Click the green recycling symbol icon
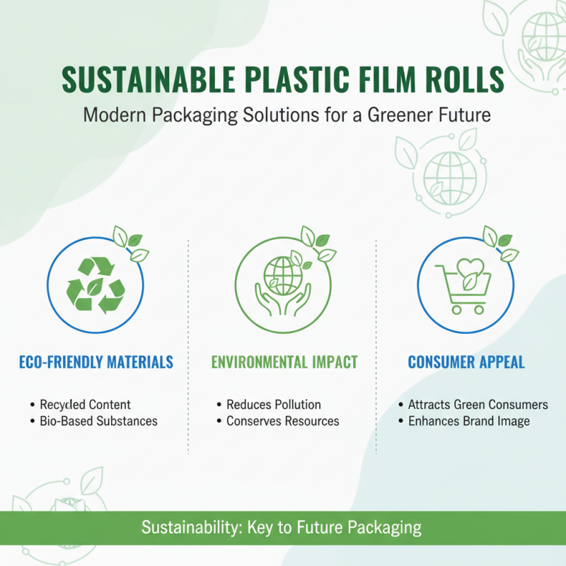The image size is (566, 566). click(x=95, y=286)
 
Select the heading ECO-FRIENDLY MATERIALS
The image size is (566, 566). click(x=95, y=363)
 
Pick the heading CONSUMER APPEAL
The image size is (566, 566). click(x=466, y=363)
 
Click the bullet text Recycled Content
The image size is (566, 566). click(x=85, y=405)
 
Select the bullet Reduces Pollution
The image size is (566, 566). click(x=274, y=405)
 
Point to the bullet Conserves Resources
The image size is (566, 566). click(x=282, y=421)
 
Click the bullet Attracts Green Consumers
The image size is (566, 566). click(x=478, y=405)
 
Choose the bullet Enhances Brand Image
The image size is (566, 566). click(x=469, y=421)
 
